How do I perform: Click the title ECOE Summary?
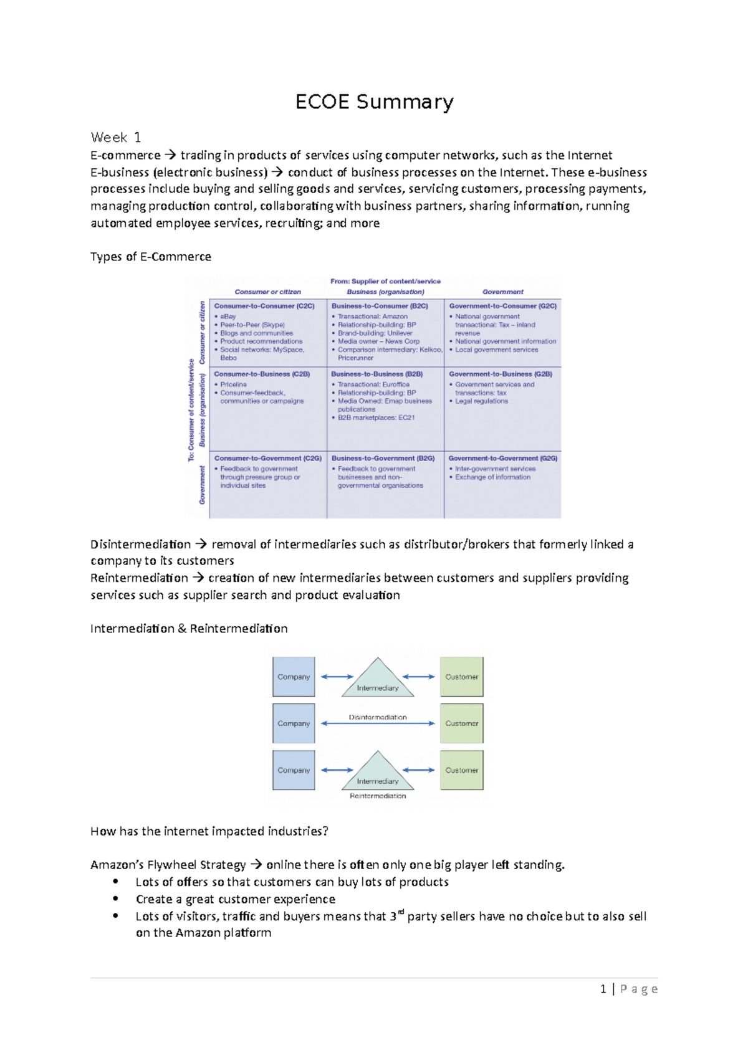(x=374, y=102)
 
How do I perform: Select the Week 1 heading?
(x=116, y=137)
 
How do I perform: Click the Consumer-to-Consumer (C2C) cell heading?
(x=264, y=306)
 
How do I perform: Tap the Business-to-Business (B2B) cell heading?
(x=376, y=374)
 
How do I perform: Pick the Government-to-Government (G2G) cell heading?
(x=502, y=458)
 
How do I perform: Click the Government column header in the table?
(x=502, y=292)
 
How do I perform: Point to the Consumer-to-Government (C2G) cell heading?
(x=268, y=458)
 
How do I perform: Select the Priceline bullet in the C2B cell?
(x=233, y=384)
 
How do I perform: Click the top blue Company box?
(x=294, y=677)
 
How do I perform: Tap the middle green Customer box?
(x=461, y=723)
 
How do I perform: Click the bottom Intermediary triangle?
(x=378, y=773)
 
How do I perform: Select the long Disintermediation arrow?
(x=378, y=724)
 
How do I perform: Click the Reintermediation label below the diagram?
(x=378, y=796)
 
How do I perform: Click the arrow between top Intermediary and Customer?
(x=418, y=677)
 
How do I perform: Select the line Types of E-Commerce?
(x=151, y=257)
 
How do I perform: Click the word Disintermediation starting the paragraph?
(x=141, y=545)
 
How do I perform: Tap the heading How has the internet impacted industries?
(x=209, y=831)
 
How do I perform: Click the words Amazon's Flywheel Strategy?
(x=168, y=865)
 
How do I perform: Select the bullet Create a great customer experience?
(x=236, y=899)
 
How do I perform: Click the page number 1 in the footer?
(x=603, y=989)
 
